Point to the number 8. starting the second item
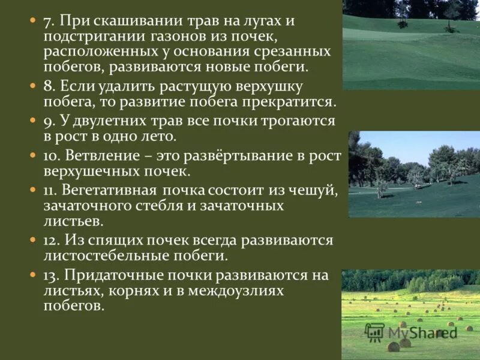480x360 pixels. (50, 87)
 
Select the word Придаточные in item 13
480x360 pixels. (114, 275)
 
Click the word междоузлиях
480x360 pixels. (235, 290)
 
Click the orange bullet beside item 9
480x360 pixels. (34, 121)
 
